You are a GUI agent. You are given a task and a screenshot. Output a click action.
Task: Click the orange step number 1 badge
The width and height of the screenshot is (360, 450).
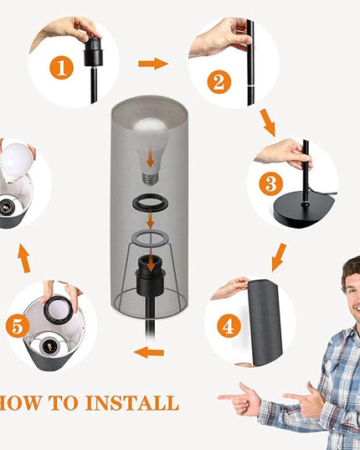point(62,68)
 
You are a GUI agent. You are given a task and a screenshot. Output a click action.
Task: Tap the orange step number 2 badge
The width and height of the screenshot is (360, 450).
point(219,82)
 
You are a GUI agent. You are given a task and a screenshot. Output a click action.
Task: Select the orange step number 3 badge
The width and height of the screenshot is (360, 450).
point(271,184)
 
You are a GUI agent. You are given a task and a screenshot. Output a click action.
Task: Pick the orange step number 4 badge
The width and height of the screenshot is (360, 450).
point(229,326)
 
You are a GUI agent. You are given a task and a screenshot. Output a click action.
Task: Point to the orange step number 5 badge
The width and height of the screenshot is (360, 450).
point(18,326)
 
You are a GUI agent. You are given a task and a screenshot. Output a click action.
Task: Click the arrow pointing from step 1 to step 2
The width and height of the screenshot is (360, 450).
point(153,64)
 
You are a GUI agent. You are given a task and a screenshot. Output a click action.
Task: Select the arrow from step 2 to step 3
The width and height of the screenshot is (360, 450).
point(268,123)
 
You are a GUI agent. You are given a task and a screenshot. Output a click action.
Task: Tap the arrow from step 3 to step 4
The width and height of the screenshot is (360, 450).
point(279,257)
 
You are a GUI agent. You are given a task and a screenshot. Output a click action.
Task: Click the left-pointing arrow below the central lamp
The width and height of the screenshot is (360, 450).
point(149,352)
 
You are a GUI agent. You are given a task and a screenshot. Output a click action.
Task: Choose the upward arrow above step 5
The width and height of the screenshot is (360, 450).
point(23,258)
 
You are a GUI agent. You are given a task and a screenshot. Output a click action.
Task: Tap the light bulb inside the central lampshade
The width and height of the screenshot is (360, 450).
point(151,151)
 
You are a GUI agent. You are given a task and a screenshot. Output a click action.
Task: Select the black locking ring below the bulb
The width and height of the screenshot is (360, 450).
point(150,203)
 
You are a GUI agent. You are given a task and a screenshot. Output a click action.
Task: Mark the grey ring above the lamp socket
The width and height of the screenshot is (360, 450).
point(150,238)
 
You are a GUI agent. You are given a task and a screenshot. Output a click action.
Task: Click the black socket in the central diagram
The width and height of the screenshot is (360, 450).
point(151,275)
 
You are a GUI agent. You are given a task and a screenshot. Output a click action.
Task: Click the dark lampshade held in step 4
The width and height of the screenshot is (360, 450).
point(265,323)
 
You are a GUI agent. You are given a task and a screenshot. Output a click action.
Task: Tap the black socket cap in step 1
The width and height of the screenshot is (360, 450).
point(94,52)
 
